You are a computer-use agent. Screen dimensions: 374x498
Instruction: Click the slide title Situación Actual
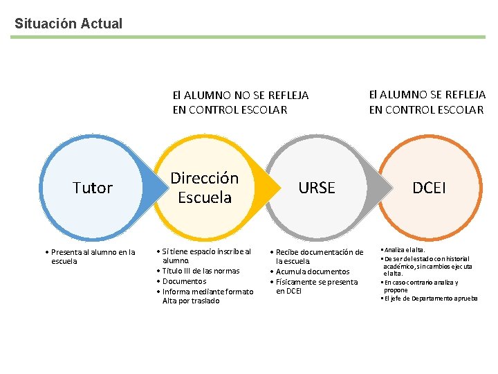pos(68,24)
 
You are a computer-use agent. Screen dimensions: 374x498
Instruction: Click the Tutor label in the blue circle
pos(93,188)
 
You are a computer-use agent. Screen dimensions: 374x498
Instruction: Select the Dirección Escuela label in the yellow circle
pos(205,188)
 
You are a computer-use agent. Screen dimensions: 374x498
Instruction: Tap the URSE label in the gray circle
pos(317,188)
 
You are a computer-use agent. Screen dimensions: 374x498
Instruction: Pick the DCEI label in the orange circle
pos(429,188)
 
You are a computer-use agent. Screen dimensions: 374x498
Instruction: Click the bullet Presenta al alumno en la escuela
pos(93,256)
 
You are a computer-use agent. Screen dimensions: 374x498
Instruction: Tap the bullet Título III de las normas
pos(201,271)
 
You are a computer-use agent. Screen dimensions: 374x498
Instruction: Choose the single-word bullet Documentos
pos(184,281)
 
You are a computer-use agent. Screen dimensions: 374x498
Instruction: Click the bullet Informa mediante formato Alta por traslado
pos(207,296)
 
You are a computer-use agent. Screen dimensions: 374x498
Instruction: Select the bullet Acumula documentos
pos(313,271)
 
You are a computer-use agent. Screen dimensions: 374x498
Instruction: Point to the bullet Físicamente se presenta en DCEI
pos(316,286)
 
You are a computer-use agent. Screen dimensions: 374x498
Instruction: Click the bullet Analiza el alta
pos(405,249)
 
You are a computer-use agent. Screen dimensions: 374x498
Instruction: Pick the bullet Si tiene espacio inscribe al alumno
pos(206,256)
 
